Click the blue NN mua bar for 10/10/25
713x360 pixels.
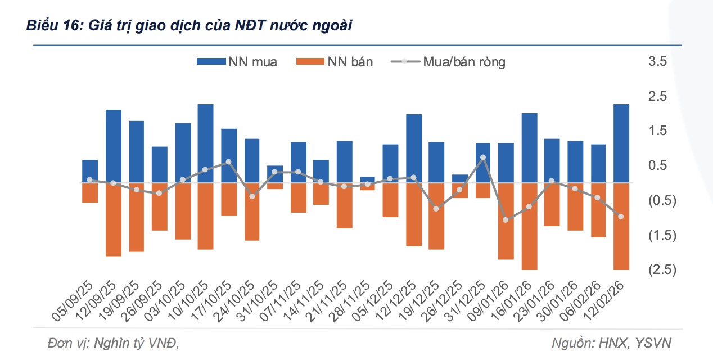pyautogui.click(x=205, y=143)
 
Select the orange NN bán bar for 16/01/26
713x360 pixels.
pyautogui.click(x=529, y=226)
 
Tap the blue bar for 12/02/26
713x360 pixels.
pyautogui.click(x=621, y=143)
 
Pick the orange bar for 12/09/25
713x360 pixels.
pyautogui.click(x=114, y=219)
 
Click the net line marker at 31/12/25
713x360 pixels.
pyautogui.click(x=483, y=158)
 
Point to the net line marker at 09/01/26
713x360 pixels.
pyautogui.click(x=506, y=220)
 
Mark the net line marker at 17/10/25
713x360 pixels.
pyautogui.click(x=228, y=162)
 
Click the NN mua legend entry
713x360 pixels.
pyautogui.click(x=237, y=62)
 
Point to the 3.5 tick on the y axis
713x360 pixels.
pyautogui.click(x=657, y=61)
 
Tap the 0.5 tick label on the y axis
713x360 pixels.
pyautogui.click(x=657, y=165)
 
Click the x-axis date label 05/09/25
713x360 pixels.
pyautogui.click(x=73, y=301)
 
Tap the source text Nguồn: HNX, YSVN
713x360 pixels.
pyautogui.click(x=611, y=343)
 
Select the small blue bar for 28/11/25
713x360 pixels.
pyautogui.click(x=367, y=179)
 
